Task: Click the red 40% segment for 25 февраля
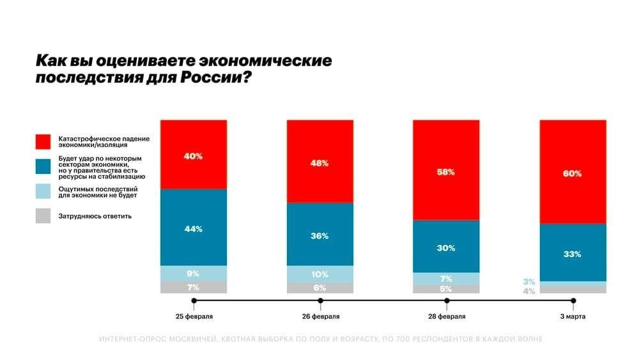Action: (x=193, y=155)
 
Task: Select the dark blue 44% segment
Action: (x=193, y=228)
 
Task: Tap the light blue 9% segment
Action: (x=193, y=273)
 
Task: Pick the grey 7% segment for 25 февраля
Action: (x=193, y=287)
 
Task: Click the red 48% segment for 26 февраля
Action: (x=319, y=162)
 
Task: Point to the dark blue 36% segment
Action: (x=319, y=235)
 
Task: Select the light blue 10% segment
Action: (x=319, y=274)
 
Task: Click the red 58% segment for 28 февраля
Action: (x=446, y=171)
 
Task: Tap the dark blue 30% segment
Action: (x=446, y=247)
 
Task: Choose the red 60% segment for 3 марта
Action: (x=573, y=173)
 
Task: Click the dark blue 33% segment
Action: (x=573, y=253)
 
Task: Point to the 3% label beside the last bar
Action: (x=528, y=281)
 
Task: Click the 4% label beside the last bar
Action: (x=528, y=291)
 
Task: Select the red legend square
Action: (x=43, y=142)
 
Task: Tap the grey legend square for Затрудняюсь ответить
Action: (x=43, y=216)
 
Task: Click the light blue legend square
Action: (x=43, y=192)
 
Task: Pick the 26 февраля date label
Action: (x=321, y=316)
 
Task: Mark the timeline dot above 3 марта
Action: (x=573, y=300)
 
